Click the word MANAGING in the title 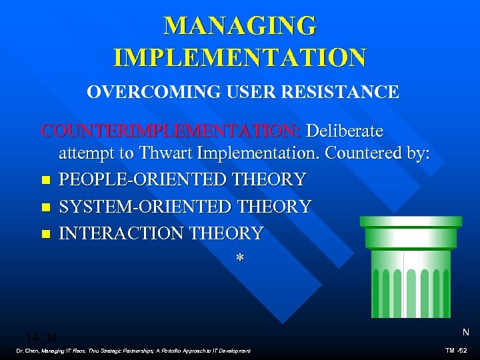[240, 26]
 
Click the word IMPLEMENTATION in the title [240, 57]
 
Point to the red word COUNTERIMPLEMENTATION [171, 131]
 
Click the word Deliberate [345, 131]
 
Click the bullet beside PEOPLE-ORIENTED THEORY [45, 180]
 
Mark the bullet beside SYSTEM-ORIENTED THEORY [45, 207]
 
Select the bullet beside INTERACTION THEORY [45, 234]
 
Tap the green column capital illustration [410, 267]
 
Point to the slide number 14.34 [41, 337]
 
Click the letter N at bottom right [465, 332]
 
